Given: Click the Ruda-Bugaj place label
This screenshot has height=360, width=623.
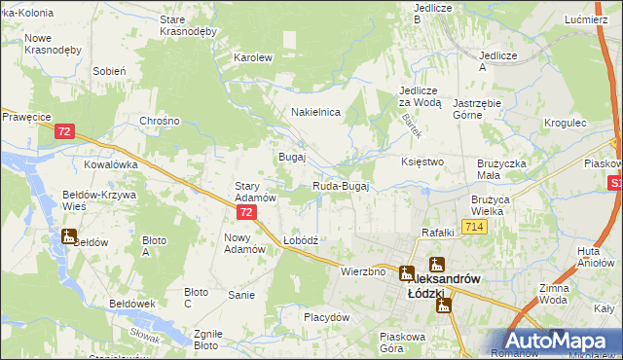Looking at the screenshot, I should [x=341, y=186].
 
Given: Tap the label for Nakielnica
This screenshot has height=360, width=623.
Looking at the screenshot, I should [x=315, y=112].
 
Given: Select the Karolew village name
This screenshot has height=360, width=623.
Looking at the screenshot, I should [x=252, y=57].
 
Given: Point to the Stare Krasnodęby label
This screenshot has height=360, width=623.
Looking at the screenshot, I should [x=187, y=25].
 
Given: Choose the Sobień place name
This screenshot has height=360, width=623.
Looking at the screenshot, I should [x=108, y=71].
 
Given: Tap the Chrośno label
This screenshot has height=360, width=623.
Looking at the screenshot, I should [x=161, y=121].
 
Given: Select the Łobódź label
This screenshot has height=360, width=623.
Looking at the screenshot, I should [x=301, y=239].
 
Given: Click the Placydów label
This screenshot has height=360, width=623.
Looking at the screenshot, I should [x=326, y=317].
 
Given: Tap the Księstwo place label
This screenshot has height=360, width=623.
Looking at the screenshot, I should [x=422, y=161].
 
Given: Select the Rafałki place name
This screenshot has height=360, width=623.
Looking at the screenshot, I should [x=438, y=233].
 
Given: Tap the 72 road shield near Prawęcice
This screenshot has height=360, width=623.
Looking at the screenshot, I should [x=65, y=131].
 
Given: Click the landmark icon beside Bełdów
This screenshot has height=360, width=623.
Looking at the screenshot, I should [x=68, y=236].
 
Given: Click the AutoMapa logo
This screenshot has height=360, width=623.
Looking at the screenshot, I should [x=559, y=340].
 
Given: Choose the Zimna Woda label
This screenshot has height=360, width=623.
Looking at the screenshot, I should [x=580, y=294].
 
